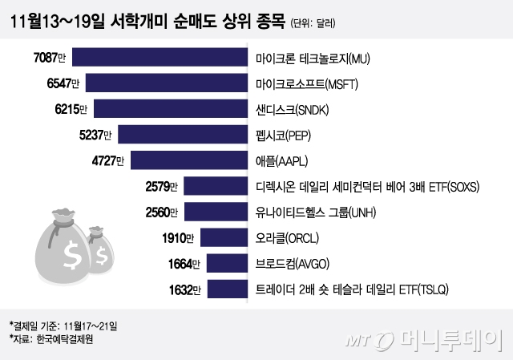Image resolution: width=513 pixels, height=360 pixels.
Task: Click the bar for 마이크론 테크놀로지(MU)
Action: pos(160,58)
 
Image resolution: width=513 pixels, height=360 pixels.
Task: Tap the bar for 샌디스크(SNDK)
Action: pos(171,109)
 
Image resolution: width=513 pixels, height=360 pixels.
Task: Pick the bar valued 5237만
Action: pos(182,135)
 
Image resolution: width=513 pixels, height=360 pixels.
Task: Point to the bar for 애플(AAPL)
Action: pos(188,160)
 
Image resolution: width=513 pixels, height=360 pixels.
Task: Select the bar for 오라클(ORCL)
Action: pos(222,237)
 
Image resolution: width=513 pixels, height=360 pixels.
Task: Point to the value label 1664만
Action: pos(186,263)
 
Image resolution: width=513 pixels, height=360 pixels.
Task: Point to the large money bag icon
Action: pos(60,249)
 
